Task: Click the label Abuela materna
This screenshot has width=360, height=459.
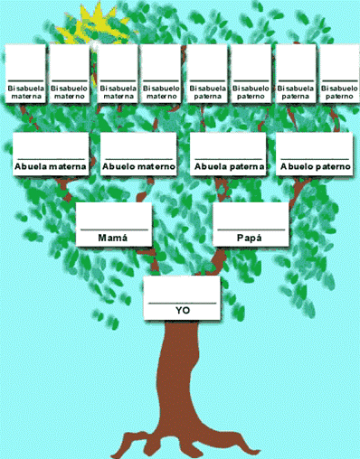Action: tap(51, 166)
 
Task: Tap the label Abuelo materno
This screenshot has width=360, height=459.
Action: tap(138, 166)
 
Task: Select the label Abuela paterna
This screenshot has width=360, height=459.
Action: tap(228, 166)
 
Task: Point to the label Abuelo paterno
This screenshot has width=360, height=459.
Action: tap(315, 166)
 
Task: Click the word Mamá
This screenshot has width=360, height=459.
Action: tap(113, 238)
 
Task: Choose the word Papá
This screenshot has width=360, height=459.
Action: tap(249, 238)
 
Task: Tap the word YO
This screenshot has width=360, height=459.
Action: tap(183, 310)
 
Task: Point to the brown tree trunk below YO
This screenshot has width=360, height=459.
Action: tap(182, 379)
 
